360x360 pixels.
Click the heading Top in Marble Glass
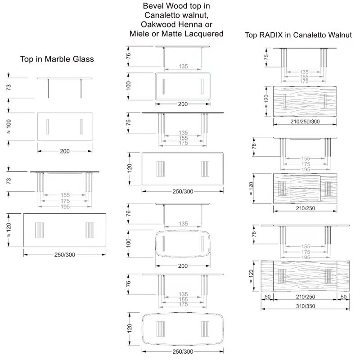pos(57,59)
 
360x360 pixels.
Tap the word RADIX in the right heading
pos(271,35)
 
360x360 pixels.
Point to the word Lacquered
pos(204,34)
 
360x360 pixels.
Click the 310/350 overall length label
pos(306,306)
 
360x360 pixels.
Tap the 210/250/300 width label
pos(305,121)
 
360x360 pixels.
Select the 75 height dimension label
pos(266,57)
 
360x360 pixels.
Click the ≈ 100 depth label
pos(9,126)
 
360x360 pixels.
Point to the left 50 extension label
pos(267,297)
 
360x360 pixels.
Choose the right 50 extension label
pos(343,297)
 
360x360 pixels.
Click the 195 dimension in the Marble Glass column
pos(65,207)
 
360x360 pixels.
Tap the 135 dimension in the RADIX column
pos(304,72)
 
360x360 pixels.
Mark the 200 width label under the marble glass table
pos(64,151)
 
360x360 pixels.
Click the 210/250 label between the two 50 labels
pos(306,297)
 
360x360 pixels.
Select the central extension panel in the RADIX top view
pos(305,188)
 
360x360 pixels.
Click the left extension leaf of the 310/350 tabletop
pos(267,276)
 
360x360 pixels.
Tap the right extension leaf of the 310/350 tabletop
pos(343,276)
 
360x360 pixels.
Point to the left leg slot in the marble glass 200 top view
pos(48,126)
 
